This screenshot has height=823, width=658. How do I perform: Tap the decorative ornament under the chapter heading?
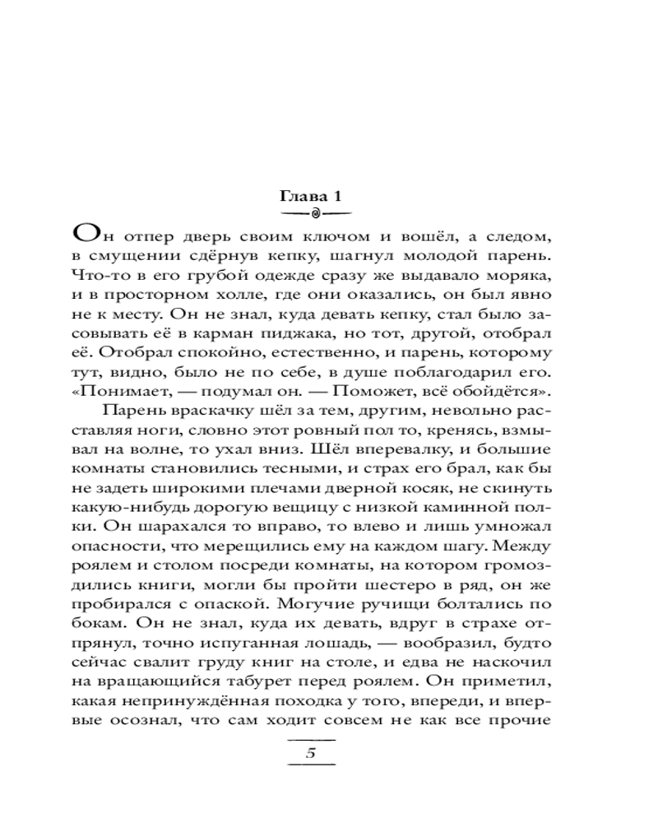coord(317,216)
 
